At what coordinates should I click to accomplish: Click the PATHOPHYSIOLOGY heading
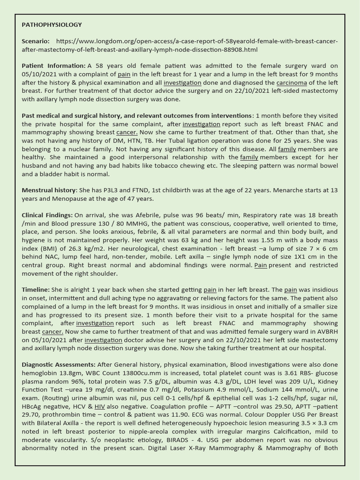pos(52,24)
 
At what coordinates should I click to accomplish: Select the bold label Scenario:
pos(36,41)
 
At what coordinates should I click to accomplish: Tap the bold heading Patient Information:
pos(53,66)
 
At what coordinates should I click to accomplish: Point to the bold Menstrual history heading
pos(49,190)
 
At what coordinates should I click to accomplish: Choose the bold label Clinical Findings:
pos(47,215)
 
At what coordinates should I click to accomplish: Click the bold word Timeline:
pos(36,290)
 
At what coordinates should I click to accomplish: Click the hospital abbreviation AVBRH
pos(326,331)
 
